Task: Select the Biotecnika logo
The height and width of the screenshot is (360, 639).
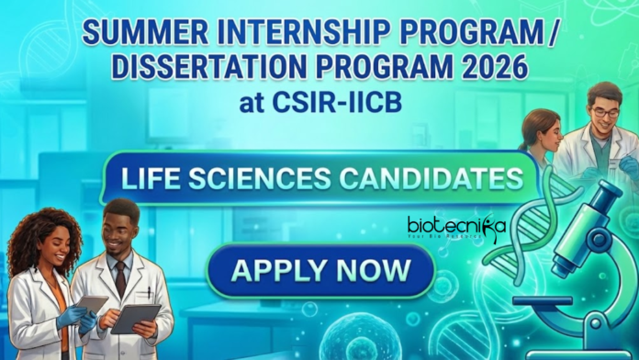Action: (x=456, y=224)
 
